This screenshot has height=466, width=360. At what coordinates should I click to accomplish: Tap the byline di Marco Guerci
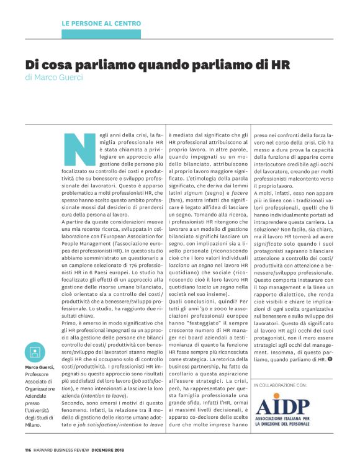click(55, 78)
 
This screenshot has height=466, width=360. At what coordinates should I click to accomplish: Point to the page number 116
click(28, 450)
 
